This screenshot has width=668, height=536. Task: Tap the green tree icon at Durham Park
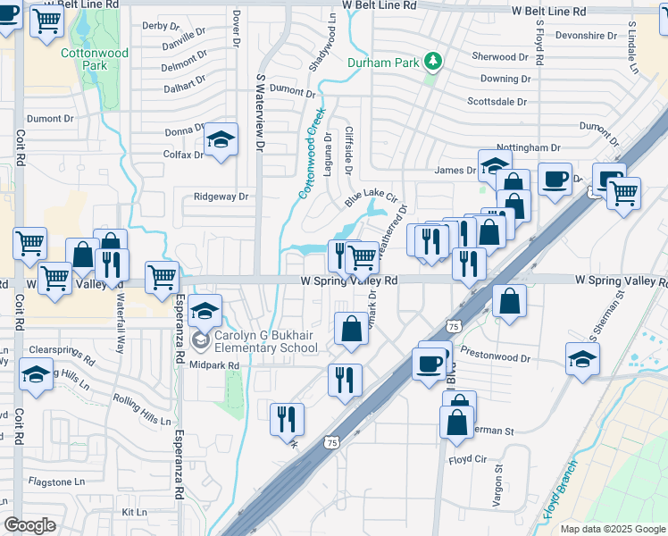434,61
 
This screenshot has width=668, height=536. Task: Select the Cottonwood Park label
95,59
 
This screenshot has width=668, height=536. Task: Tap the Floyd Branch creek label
560,490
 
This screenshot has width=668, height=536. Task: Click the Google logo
29,525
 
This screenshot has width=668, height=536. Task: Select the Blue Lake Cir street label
370,198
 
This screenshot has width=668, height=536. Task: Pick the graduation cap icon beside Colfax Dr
221,140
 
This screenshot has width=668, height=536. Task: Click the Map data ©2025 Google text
612,529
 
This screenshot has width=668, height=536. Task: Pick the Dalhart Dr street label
185,88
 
